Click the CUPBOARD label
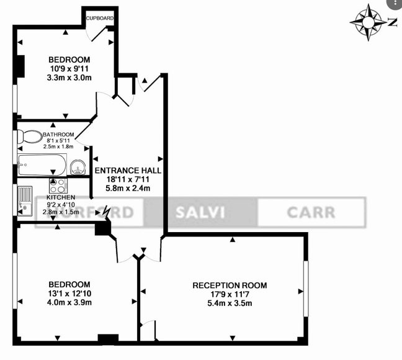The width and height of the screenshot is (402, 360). (x=99, y=19)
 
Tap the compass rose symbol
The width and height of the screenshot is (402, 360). (x=368, y=22)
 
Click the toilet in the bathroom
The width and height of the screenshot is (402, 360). (x=27, y=137)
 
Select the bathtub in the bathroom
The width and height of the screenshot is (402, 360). (x=40, y=165)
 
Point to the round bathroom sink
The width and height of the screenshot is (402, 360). (x=78, y=166)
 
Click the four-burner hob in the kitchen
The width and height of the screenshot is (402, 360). (x=58, y=186)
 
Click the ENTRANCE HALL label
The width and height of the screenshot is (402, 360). (x=128, y=169)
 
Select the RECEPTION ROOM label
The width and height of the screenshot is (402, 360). (x=230, y=286)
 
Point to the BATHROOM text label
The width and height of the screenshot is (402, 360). (x=58, y=135)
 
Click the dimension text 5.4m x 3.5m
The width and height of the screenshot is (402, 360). (x=230, y=303)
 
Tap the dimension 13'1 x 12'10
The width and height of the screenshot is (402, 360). (x=69, y=294)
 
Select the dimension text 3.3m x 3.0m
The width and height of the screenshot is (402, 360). (x=69, y=78)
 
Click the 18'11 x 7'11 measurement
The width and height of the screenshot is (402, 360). (x=128, y=179)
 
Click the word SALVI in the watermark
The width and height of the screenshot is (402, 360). (x=200, y=212)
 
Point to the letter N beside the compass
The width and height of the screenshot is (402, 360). (x=392, y=22)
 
